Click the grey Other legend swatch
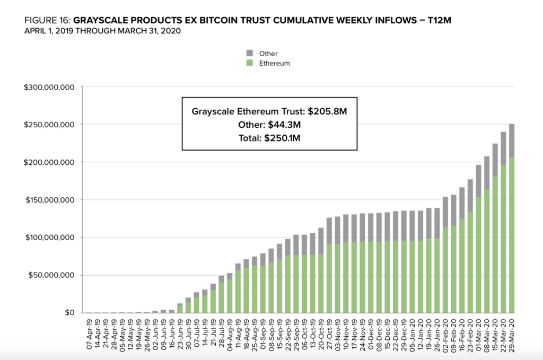[x=249, y=54]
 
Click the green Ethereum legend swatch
[x=249, y=63]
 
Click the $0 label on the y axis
[x=70, y=313]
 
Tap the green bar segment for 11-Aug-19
[x=238, y=292]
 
